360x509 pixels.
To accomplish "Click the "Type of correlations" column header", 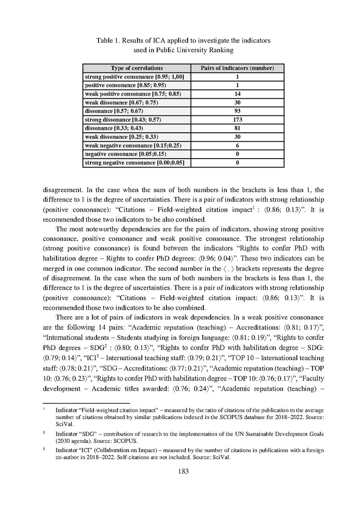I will (137, 68).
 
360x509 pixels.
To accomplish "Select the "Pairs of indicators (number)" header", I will (237, 68).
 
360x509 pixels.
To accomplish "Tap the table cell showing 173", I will (237, 120).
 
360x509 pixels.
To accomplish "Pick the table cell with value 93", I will (237, 111).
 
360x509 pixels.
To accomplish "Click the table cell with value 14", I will (237, 94).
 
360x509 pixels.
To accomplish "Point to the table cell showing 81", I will (237, 129).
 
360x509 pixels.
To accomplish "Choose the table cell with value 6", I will (237, 145).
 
